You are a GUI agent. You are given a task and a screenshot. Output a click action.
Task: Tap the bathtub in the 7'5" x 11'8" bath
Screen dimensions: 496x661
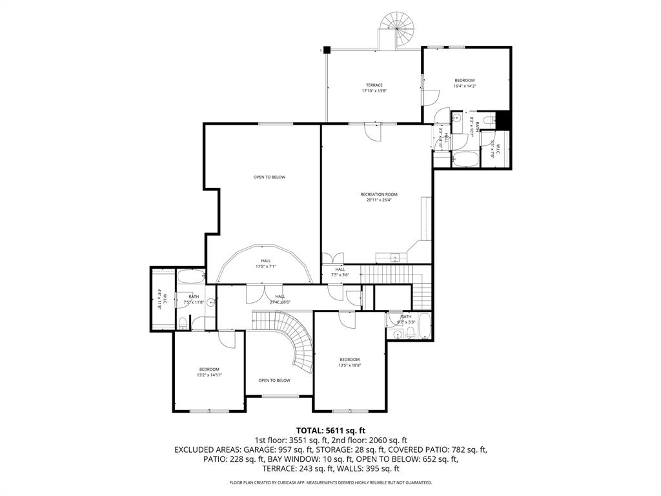190,278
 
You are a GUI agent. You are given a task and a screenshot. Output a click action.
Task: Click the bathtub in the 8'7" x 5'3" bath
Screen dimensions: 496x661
424,326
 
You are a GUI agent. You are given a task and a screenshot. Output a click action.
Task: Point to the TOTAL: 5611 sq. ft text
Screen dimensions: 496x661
330,430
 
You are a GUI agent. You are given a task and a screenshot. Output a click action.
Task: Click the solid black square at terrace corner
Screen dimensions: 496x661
327,49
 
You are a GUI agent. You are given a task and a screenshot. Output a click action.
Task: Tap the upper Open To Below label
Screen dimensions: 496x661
269,177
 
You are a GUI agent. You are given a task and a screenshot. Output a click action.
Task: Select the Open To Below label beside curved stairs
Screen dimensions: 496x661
274,380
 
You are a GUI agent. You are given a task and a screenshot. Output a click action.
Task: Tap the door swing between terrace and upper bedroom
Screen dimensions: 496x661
431,98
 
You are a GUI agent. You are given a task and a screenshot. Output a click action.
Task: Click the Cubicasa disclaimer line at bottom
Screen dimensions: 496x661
330,482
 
